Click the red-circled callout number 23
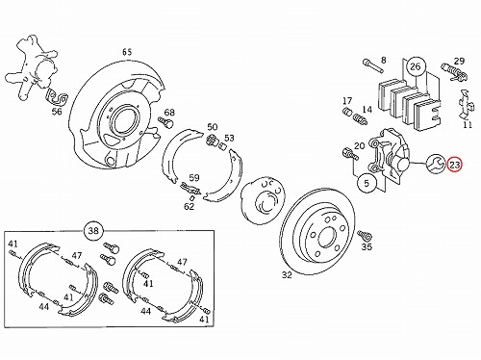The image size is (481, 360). pos(455,165)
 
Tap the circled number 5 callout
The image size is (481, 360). pos(367,183)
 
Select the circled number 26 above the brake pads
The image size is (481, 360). pos(415,66)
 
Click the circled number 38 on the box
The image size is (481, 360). pos(93,231)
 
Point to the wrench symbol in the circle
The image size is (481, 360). pos(436,164)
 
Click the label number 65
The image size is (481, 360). pos(127,52)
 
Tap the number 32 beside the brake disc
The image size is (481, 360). pos(287,275)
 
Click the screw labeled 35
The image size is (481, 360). pos(365,235)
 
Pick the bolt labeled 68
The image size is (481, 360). pos(166,122)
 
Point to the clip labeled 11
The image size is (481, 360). pos(465,104)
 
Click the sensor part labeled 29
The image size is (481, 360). pos(454,72)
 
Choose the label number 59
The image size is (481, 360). pos(194,178)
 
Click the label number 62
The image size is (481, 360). pos(189,206)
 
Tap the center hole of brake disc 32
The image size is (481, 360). pos(327,238)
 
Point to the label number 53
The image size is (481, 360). pos(229,139)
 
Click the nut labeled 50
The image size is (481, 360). pos(212,140)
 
